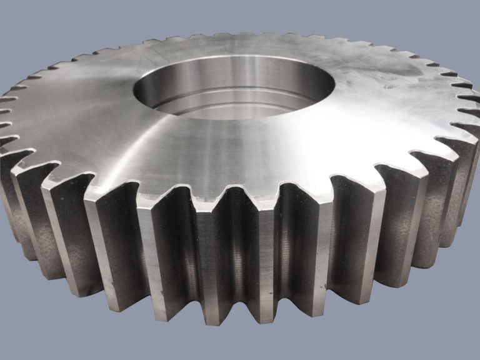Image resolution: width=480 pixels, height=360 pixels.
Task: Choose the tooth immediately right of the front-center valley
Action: pyautogui.click(x=269, y=250)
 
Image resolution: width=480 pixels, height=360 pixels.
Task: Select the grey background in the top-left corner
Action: pyautogui.click(x=25, y=19)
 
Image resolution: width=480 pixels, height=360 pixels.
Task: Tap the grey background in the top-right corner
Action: pyautogui.click(x=456, y=19)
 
